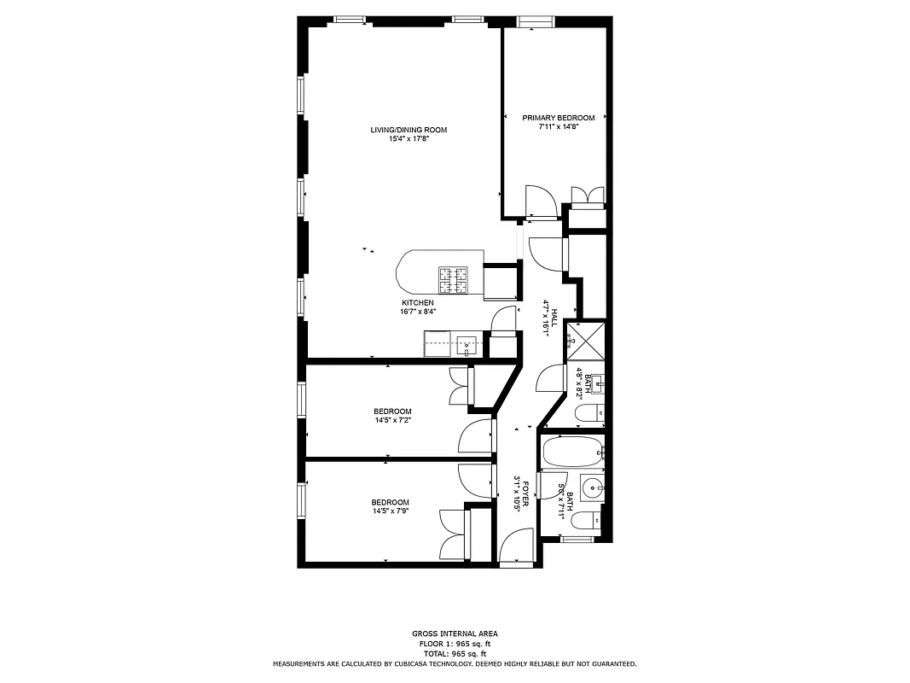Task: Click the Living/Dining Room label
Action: [409, 130]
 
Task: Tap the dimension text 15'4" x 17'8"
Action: [409, 139]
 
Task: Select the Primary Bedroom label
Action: [559, 118]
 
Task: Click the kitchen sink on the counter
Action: [466, 346]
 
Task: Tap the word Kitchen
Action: [418, 303]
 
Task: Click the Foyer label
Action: [526, 494]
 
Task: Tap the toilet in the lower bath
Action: [587, 521]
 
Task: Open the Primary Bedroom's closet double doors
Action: [587, 196]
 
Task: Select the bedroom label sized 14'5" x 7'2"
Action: [392, 411]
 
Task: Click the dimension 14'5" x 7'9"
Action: [391, 511]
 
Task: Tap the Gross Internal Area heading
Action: [455, 634]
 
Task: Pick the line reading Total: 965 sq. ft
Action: [455, 653]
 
